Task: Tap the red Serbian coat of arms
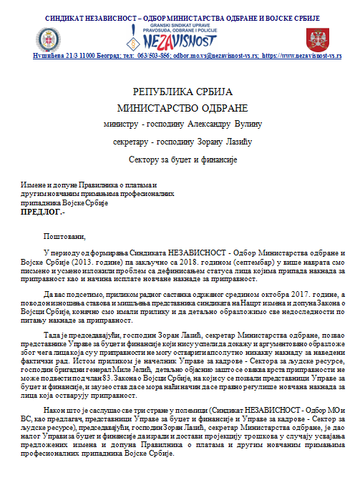(316, 37)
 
